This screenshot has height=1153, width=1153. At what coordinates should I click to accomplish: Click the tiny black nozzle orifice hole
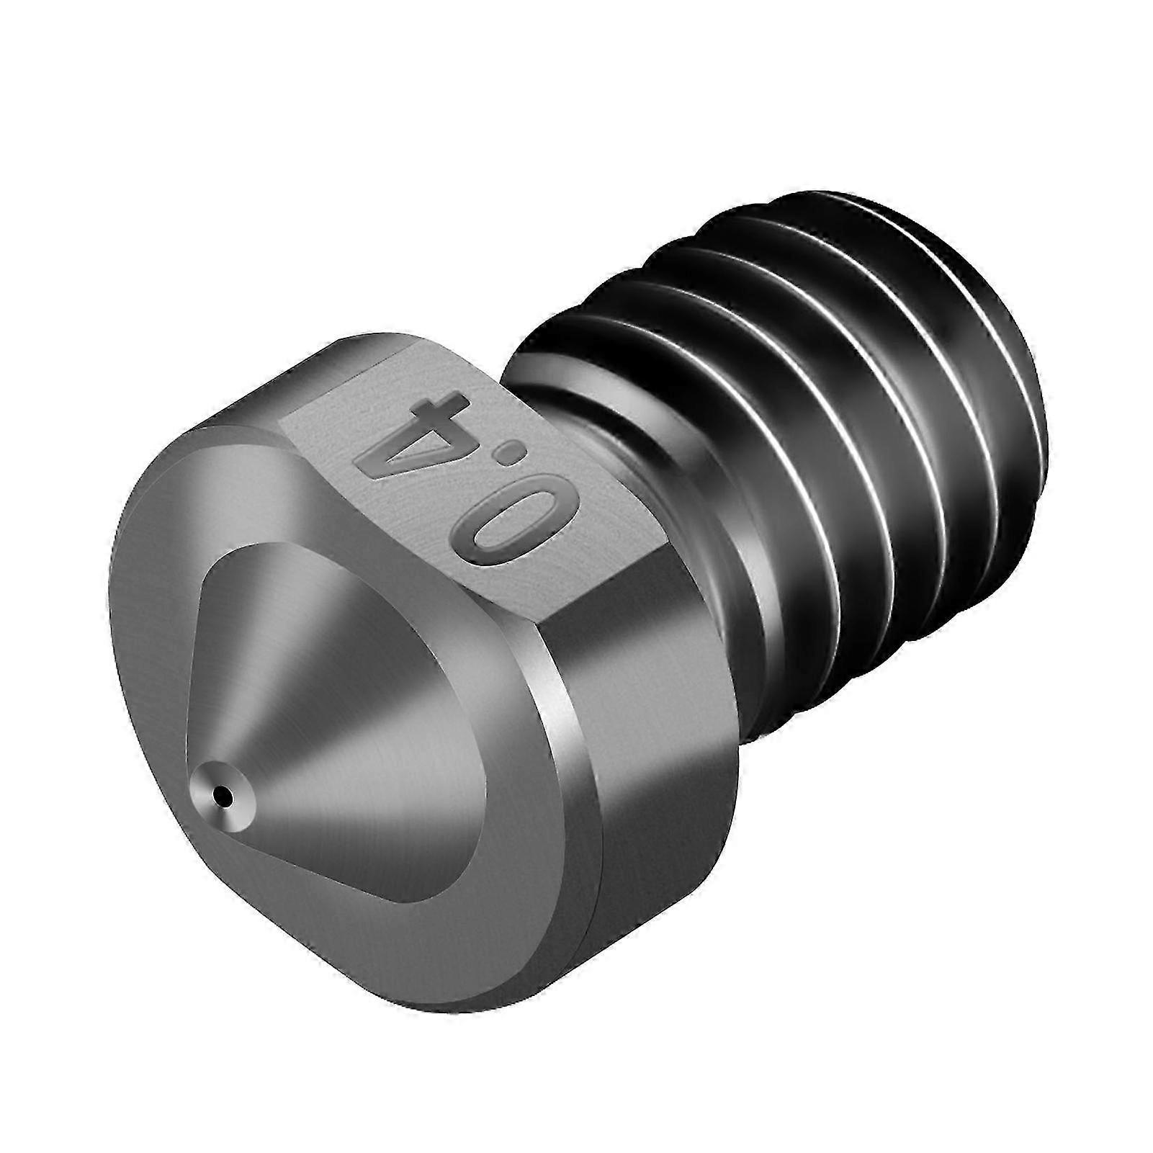228,796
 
